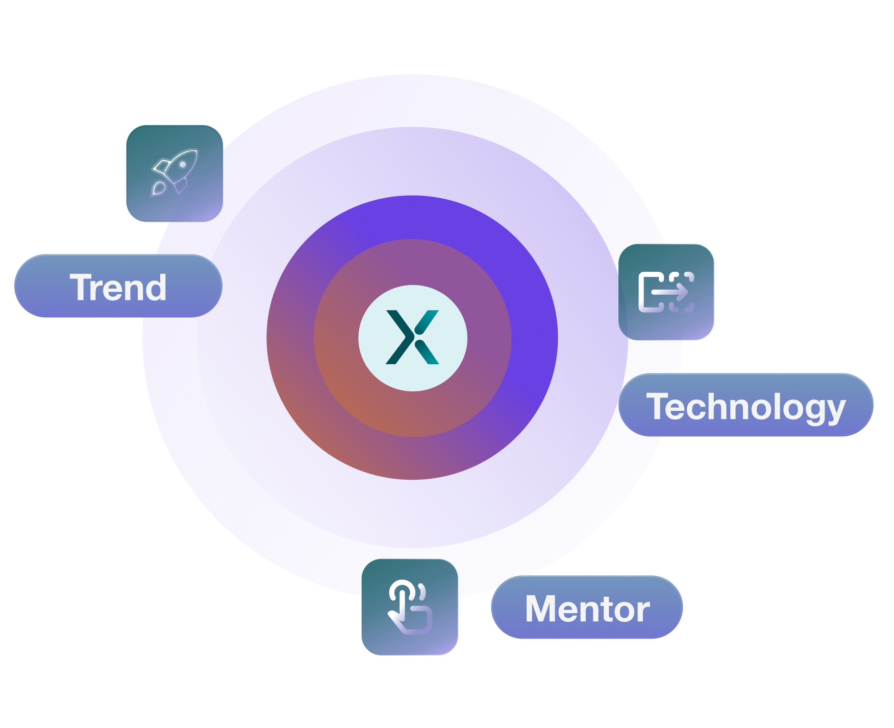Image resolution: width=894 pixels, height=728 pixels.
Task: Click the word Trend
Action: pos(118,287)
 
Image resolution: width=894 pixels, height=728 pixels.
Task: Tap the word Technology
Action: pos(746,407)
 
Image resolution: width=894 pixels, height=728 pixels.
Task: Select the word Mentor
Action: pos(587,609)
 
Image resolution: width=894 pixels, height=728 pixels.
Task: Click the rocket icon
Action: pos(175,172)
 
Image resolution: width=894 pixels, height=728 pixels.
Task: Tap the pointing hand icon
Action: pos(410,607)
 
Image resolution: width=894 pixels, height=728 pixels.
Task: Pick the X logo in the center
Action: pos(412,337)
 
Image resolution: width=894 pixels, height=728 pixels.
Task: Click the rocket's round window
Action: pos(182,165)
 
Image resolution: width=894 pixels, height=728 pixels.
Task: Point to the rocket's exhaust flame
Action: pos(158,189)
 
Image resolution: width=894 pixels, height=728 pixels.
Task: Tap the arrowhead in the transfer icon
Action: pos(682,293)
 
